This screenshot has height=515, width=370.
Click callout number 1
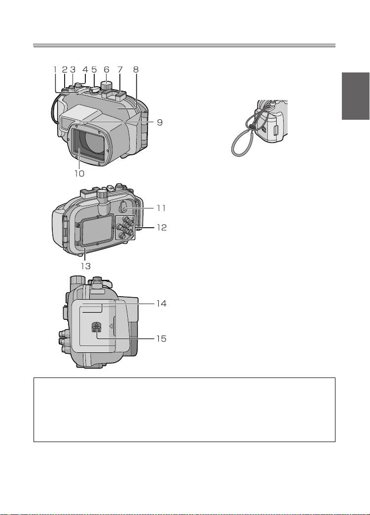point(55,69)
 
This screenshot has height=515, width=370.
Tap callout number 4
point(85,69)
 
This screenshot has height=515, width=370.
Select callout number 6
point(106,69)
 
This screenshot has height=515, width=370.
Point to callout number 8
point(136,69)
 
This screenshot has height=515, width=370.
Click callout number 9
point(159,123)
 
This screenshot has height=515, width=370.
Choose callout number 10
point(79,173)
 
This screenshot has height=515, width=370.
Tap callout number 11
point(161,208)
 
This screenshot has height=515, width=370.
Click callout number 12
point(161,227)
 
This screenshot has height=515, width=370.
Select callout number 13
point(86,266)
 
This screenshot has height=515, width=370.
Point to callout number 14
point(161,304)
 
